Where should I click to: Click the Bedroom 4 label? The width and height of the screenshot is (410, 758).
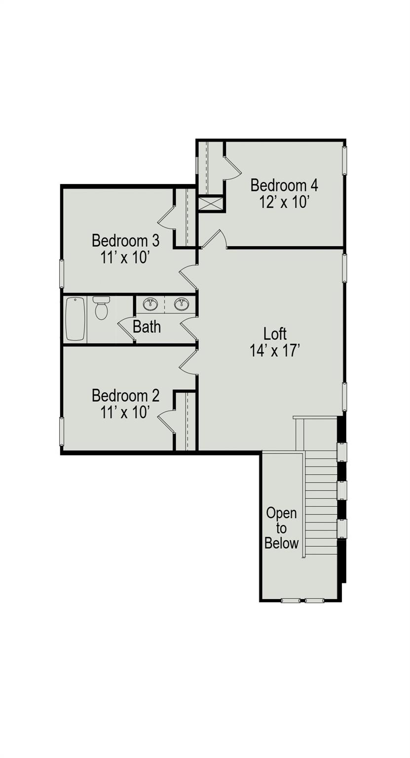[284, 186]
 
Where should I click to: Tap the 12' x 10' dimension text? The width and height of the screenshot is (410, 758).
[284, 202]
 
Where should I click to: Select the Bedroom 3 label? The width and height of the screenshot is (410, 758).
[125, 241]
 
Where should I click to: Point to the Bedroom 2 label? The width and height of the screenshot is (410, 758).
[125, 396]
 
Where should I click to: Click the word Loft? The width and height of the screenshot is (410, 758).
[275, 334]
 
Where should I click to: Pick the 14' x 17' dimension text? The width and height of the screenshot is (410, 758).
[275, 350]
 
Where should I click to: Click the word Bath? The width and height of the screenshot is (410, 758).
[147, 327]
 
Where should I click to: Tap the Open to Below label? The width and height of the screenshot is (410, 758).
[281, 528]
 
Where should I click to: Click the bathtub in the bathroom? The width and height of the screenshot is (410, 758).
[75, 319]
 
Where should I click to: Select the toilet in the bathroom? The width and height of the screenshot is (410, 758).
[101, 308]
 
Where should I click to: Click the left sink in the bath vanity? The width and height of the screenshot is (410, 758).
[150, 304]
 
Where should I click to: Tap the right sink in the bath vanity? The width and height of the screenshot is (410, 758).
[182, 304]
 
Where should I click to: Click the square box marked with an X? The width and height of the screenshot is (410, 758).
[210, 204]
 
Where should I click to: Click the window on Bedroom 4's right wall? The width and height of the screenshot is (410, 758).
[345, 160]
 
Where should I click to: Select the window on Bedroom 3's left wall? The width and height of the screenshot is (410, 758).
[62, 274]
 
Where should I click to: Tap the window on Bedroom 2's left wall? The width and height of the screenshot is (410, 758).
[62, 432]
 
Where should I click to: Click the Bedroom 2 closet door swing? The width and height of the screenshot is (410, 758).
[166, 421]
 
